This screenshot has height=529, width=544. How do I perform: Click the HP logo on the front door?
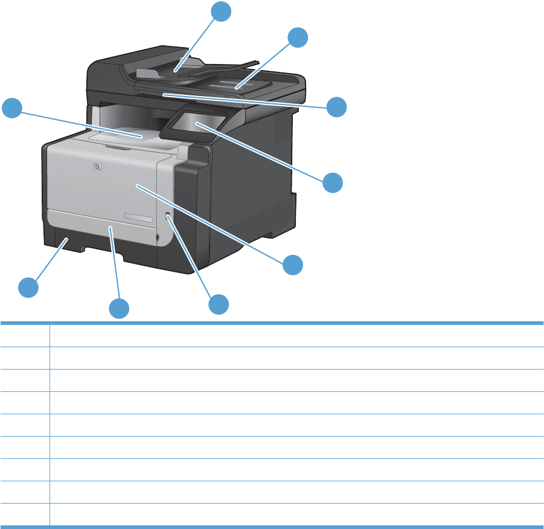[x=98, y=167]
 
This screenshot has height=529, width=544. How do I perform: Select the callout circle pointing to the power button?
[x=219, y=304]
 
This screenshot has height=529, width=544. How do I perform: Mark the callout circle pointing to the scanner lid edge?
[x=337, y=107]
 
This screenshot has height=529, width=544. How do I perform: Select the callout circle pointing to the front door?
[x=293, y=264]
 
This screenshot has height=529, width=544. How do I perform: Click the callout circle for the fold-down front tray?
[x=119, y=309]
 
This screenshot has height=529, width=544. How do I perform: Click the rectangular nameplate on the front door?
[x=137, y=217]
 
